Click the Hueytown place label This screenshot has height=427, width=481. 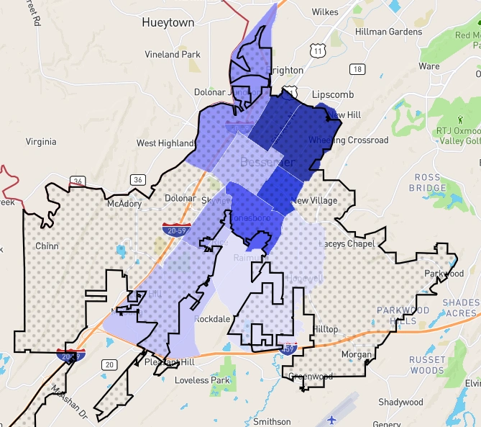[168, 22]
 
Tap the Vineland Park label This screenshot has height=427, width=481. [173, 54]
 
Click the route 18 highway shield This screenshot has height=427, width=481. [357, 69]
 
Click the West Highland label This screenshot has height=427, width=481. [165, 143]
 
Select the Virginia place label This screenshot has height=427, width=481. [40, 142]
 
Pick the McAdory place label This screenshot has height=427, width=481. [124, 204]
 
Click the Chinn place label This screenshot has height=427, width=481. [46, 246]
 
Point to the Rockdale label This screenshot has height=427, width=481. [212, 319]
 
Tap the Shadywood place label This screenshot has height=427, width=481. [400, 402]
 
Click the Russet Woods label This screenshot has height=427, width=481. [427, 365]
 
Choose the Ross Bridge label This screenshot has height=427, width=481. [431, 183]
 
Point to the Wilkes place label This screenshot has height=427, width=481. [325, 12]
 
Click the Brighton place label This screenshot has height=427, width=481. [284, 71]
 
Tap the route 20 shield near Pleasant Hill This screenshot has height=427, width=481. [109, 365]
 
